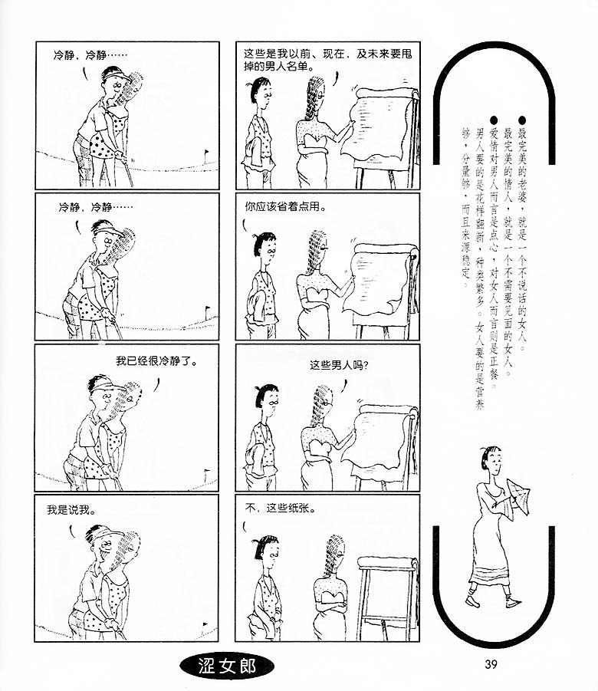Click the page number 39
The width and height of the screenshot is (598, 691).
pos(491,663)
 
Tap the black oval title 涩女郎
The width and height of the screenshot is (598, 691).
pos(226,666)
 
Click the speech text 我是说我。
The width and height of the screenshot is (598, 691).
pos(72,510)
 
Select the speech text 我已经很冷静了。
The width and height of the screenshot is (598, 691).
pos(156,361)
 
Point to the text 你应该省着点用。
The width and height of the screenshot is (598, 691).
pos(285,206)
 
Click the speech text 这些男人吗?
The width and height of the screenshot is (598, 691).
pos(340,365)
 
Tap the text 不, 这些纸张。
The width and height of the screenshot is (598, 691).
pos(281,508)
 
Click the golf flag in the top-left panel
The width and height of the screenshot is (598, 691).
pos(205,155)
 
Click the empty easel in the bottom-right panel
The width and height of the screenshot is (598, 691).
pos(389,598)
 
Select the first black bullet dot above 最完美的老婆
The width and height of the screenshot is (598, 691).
pos(522,120)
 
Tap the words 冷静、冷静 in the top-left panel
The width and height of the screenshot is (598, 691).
pos(80,55)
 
